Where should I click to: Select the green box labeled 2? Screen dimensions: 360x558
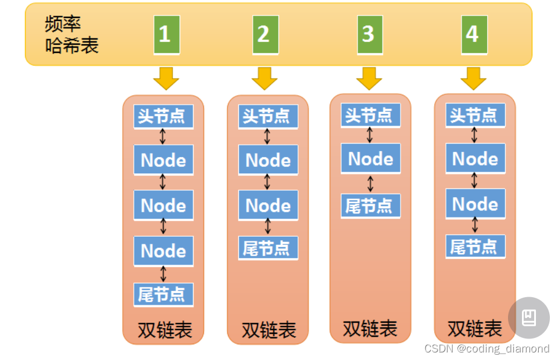(x=265, y=34)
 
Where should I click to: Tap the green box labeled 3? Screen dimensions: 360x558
(x=369, y=34)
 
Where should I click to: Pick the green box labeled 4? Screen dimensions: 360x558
(x=473, y=34)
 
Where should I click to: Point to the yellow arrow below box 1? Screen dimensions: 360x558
(x=166, y=78)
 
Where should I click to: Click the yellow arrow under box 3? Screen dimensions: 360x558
(x=369, y=78)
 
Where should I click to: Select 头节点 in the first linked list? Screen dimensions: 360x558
(x=163, y=116)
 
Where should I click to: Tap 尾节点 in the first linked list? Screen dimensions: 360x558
(x=163, y=295)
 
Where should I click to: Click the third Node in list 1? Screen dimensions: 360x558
(x=163, y=251)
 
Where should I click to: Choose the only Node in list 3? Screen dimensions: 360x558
(x=371, y=158)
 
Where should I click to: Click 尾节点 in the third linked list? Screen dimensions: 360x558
(x=370, y=206)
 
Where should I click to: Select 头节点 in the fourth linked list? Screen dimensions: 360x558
(x=475, y=116)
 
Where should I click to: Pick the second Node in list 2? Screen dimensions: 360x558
(x=268, y=205)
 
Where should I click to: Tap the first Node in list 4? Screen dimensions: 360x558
(x=475, y=158)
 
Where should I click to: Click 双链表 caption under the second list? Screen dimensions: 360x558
(x=269, y=330)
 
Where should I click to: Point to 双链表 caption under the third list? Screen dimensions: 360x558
(x=370, y=329)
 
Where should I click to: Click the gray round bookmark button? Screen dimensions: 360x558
(x=528, y=318)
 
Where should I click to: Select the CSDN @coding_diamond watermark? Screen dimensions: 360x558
(x=487, y=349)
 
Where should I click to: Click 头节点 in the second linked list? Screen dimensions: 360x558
(x=267, y=116)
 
